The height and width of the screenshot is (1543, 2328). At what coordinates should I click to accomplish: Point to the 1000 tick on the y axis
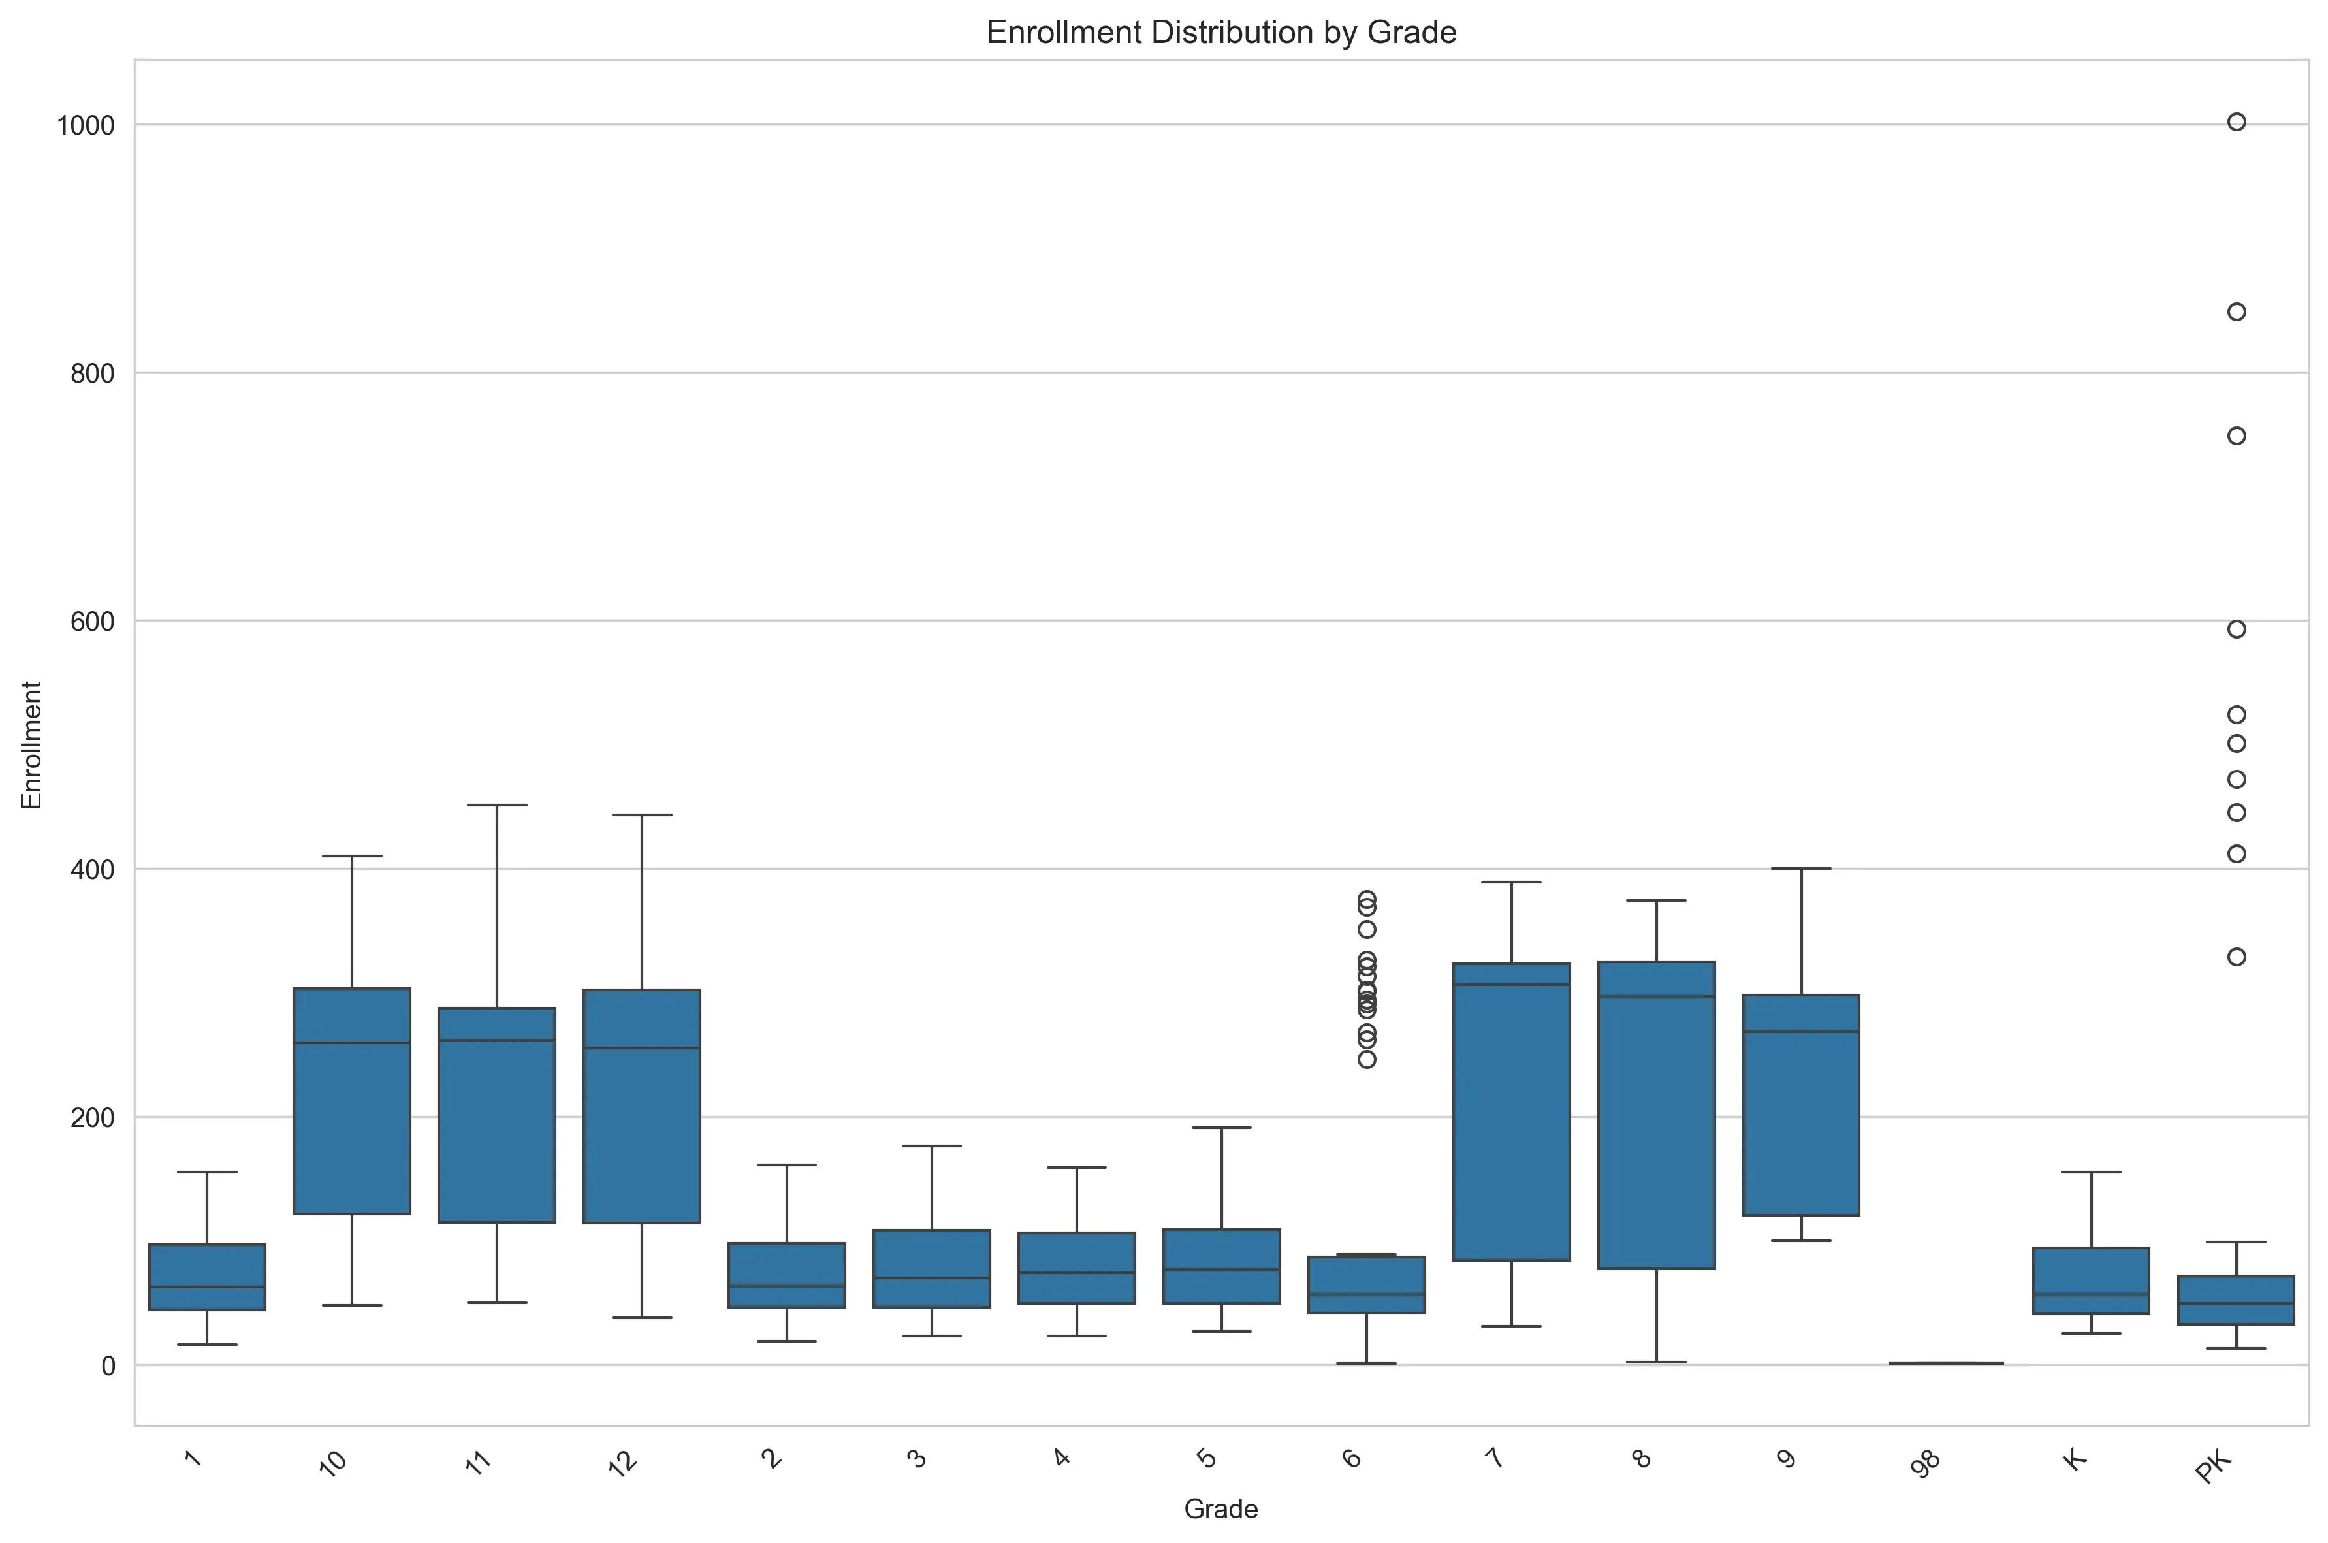pos(86,125)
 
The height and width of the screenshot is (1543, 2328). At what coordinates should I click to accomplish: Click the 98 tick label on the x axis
pos(1926,1463)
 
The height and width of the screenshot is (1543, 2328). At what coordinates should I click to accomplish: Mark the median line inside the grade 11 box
pos(497,1040)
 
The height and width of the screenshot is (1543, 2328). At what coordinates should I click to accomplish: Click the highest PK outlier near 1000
pos(2237,122)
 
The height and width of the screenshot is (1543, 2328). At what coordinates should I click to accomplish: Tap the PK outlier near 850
pos(2237,312)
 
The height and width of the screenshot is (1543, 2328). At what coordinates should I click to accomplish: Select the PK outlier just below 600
pos(2237,629)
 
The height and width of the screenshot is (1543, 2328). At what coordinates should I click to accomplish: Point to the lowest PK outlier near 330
pos(2237,957)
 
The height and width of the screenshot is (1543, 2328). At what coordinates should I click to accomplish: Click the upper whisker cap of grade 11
pos(497,805)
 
